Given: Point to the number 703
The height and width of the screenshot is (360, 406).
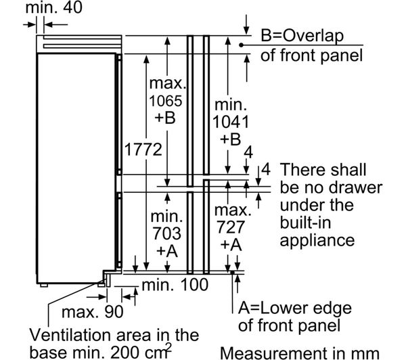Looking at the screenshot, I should pyautogui.click(x=167, y=234).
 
